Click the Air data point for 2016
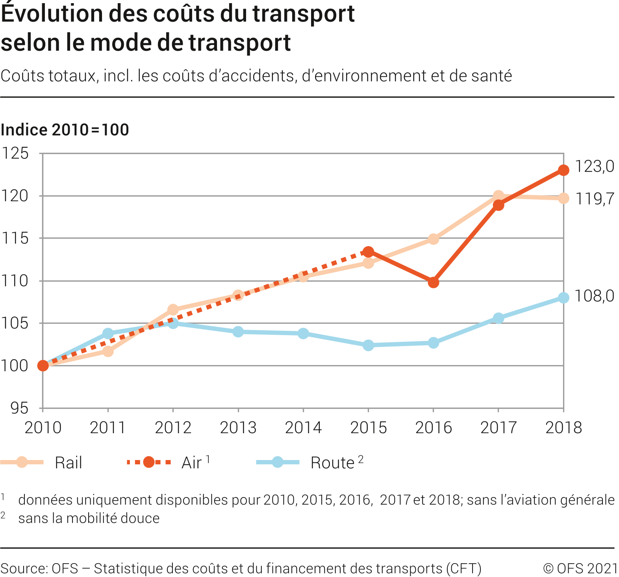tap(433, 282)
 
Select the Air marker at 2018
tap(563, 170)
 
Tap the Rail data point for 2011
tap(108, 351)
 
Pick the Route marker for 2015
tap(368, 345)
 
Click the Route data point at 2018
tap(563, 298)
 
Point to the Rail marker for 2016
tap(433, 239)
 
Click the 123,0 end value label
tap(594, 167)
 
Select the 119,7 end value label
tap(594, 199)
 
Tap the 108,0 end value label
tap(594, 296)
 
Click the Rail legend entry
tap(68, 463)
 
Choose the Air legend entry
tap(192, 463)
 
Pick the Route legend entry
tap(332, 463)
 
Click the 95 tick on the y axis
tap(19, 408)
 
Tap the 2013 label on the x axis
tap(238, 428)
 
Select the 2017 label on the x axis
tap(498, 428)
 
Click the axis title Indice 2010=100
tap(65, 130)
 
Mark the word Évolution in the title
tap(52, 14)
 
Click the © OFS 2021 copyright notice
tap(580, 568)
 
